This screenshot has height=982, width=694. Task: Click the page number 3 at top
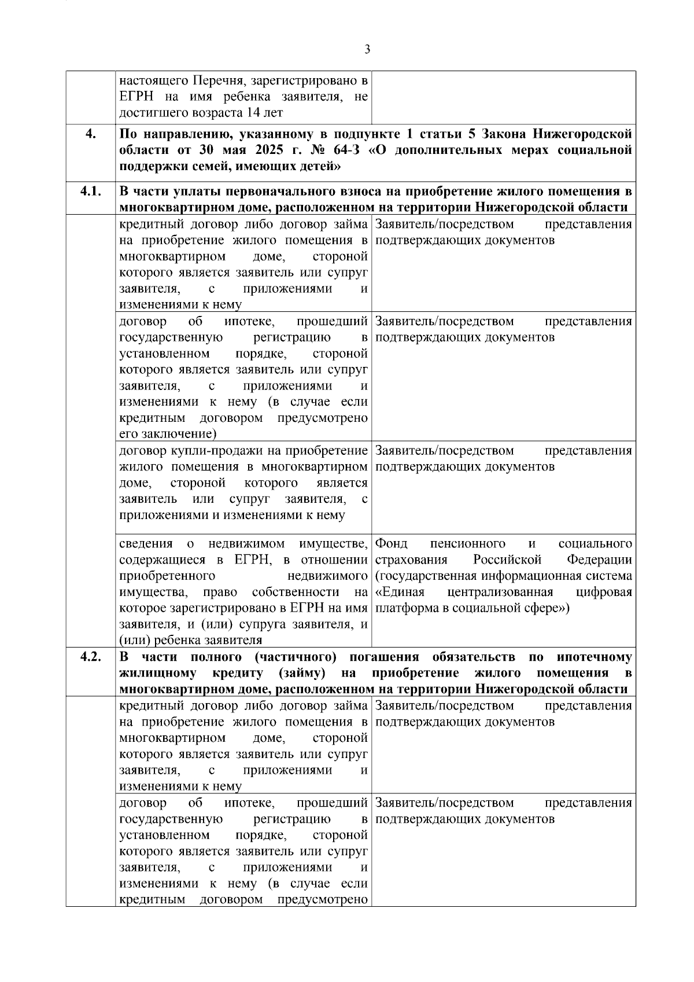(x=368, y=50)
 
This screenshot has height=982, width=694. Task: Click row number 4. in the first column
(x=90, y=134)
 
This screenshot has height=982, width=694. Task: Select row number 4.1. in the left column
(x=90, y=191)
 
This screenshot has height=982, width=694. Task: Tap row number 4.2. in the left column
(x=90, y=657)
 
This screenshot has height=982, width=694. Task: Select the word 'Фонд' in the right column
(x=391, y=544)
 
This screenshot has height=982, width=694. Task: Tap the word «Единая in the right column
(x=400, y=592)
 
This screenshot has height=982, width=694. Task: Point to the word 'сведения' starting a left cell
(x=146, y=544)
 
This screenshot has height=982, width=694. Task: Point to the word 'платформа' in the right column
(x=404, y=608)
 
